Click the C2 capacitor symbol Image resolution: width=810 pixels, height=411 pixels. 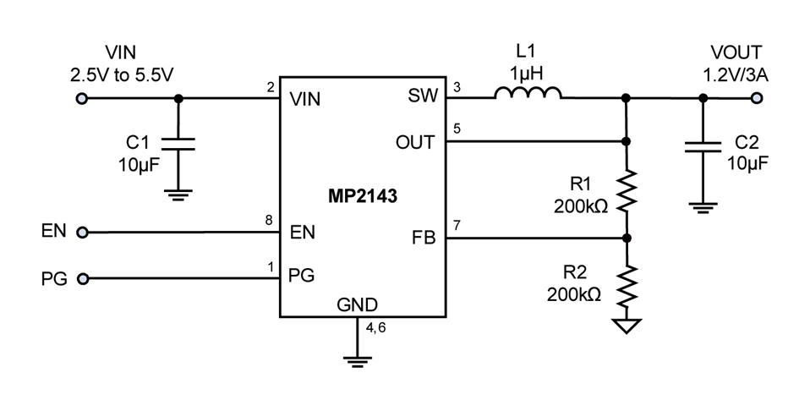tap(703, 149)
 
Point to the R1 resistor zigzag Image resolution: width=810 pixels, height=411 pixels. tap(627, 191)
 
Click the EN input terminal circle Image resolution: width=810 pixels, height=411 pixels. tap(82, 232)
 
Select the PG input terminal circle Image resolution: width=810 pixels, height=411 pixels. tap(82, 278)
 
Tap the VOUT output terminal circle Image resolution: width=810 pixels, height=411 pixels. tap(755, 98)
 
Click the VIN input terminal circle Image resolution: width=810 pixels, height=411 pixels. tap(82, 98)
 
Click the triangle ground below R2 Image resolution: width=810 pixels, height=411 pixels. tap(627, 326)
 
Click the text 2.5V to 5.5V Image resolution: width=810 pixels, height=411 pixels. tap(123, 74)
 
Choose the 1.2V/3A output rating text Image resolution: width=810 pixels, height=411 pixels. tap(736, 74)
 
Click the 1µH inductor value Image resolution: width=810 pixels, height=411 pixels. tap(526, 72)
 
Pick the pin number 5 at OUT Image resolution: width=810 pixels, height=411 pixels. tap(457, 129)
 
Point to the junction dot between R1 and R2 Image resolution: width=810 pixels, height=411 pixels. tap(627, 238)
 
